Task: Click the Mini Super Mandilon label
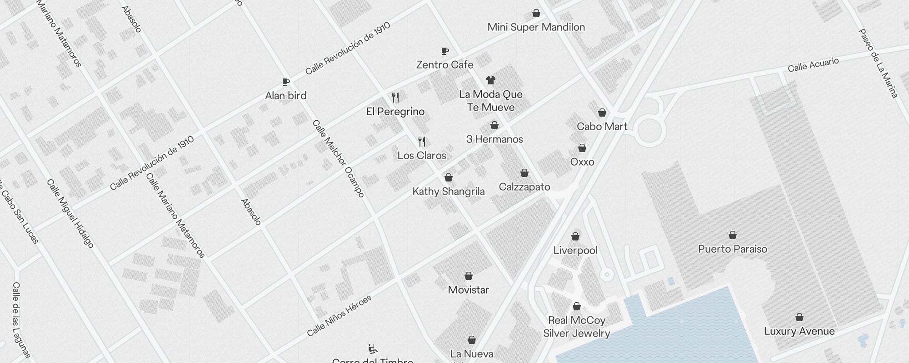pyautogui.click(x=536, y=27)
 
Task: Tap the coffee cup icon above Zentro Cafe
pyautogui.click(x=445, y=51)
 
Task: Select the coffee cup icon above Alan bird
pyautogui.click(x=285, y=82)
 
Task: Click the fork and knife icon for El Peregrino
pyautogui.click(x=395, y=98)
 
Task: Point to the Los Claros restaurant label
pyautogui.click(x=422, y=156)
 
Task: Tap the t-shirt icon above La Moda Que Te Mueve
pyautogui.click(x=490, y=80)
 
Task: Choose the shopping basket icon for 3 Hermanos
pyautogui.click(x=494, y=125)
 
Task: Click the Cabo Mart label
pyautogui.click(x=602, y=127)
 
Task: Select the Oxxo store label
pyautogui.click(x=582, y=162)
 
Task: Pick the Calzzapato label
pyautogui.click(x=524, y=187)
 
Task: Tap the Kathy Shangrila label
pyautogui.click(x=449, y=191)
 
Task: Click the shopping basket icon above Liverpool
pyautogui.click(x=575, y=236)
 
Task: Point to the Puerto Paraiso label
pyautogui.click(x=733, y=249)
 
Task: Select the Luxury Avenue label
pyautogui.click(x=799, y=331)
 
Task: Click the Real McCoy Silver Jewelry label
pyautogui.click(x=577, y=327)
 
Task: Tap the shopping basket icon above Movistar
pyautogui.click(x=469, y=276)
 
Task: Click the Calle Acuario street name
pyautogui.click(x=813, y=65)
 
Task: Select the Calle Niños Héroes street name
pyautogui.click(x=339, y=316)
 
